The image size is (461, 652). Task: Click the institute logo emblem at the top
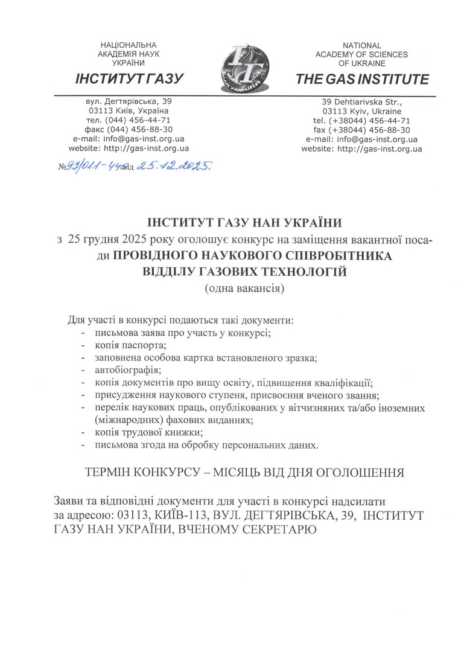coord(241,66)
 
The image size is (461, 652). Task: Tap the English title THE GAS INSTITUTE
coord(362,79)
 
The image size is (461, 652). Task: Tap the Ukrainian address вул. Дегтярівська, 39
coord(129,101)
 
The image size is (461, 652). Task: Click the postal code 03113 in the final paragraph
coord(133,516)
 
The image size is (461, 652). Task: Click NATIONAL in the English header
coord(361,45)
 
